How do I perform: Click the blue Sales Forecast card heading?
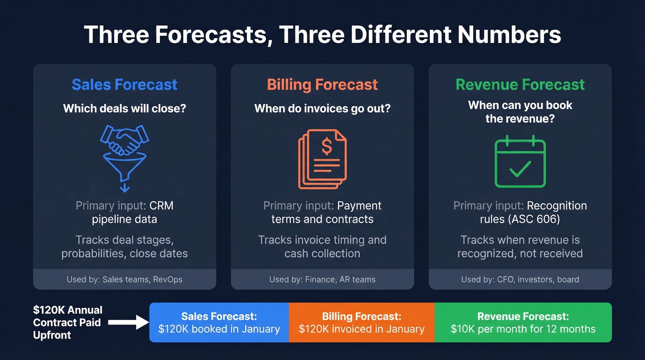click(x=124, y=85)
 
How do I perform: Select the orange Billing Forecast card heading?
click(x=322, y=85)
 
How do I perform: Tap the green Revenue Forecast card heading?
click(x=520, y=85)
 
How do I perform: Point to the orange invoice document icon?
click(x=322, y=159)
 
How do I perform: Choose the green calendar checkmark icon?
click(x=520, y=161)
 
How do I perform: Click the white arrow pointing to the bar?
click(x=129, y=323)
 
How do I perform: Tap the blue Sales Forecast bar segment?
click(x=219, y=323)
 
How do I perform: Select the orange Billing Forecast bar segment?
click(x=362, y=323)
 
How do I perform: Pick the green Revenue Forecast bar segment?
click(x=523, y=323)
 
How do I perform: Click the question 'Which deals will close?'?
click(x=124, y=109)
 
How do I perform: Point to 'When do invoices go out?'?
click(x=322, y=109)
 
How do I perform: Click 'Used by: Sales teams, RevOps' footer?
click(x=124, y=279)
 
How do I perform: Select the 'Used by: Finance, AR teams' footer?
click(x=322, y=279)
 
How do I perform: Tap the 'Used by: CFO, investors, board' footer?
click(x=520, y=279)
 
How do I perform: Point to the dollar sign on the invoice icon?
click(x=327, y=147)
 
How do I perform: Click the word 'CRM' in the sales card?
click(x=161, y=206)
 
